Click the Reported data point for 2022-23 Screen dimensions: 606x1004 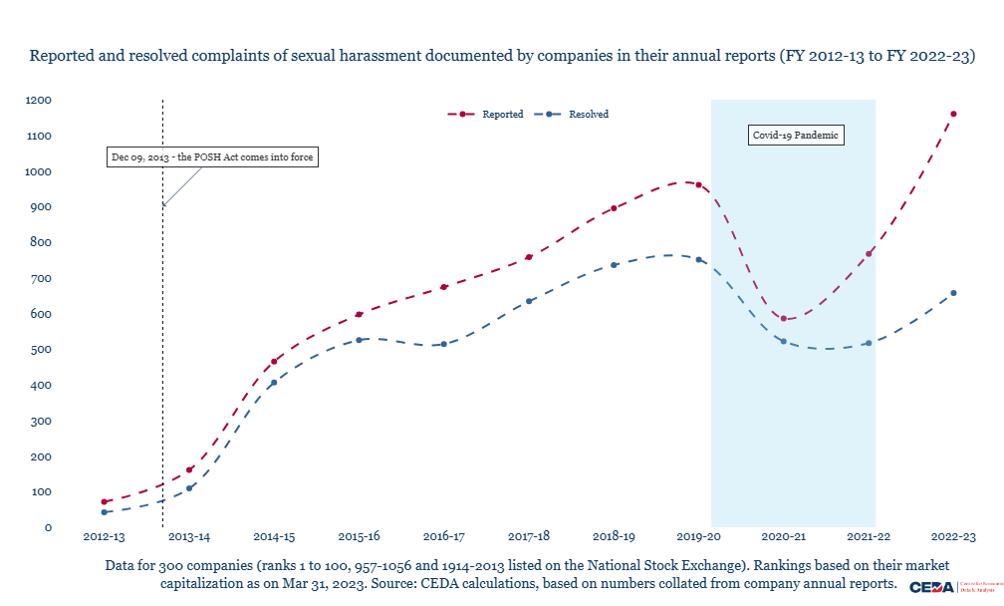[x=953, y=114]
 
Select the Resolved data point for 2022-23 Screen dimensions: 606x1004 [x=953, y=293]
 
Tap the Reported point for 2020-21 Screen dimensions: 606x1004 [x=784, y=319]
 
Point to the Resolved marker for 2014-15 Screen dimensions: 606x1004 [x=274, y=383]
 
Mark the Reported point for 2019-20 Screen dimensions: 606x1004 [x=699, y=185]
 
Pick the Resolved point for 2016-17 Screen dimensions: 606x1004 [x=444, y=344]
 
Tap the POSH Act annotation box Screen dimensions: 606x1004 [x=212, y=157]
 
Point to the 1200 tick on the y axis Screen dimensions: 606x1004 [x=39, y=101]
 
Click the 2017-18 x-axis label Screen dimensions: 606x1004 [x=529, y=536]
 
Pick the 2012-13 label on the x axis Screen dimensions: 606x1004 [x=105, y=536]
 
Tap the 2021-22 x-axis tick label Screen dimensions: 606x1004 [x=869, y=536]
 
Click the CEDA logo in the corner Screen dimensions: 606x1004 [x=931, y=587]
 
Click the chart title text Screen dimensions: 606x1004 [x=502, y=56]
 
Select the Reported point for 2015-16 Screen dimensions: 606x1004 [x=360, y=314]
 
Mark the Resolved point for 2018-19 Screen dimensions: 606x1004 [x=615, y=265]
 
